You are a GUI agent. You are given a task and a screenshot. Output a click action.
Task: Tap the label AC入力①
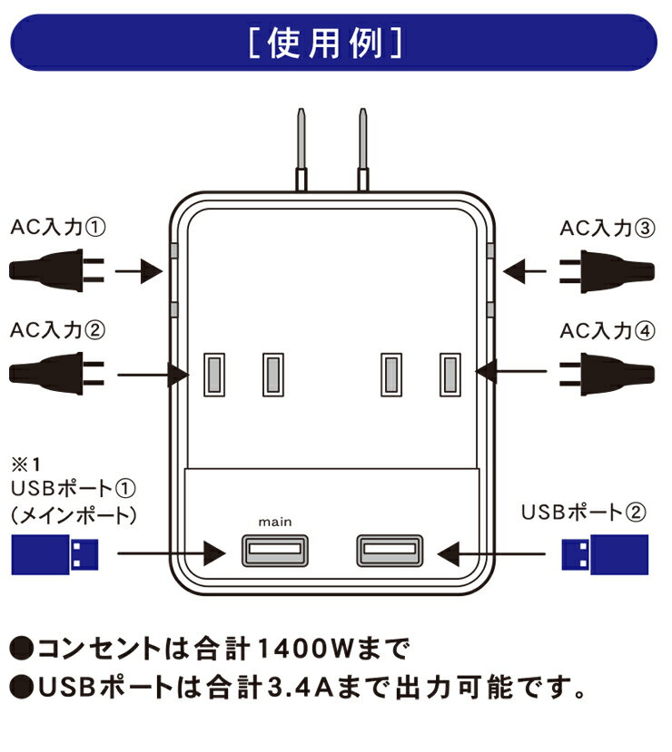(x=57, y=229)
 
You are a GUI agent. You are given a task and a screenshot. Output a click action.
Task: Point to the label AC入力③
(x=606, y=229)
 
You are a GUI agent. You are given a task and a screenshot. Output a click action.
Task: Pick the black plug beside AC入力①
(x=54, y=269)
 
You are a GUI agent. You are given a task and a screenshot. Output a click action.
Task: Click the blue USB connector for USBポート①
(x=54, y=554)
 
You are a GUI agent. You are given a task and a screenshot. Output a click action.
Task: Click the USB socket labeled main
(x=275, y=550)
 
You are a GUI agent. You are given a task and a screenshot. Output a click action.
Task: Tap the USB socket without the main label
(x=389, y=550)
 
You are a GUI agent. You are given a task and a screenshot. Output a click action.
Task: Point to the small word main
(x=274, y=522)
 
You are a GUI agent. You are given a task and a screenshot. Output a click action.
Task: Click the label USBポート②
(x=583, y=513)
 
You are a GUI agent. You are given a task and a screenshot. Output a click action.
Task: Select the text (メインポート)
(x=75, y=515)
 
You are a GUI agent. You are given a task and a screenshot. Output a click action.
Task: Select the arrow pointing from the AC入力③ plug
(x=526, y=269)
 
